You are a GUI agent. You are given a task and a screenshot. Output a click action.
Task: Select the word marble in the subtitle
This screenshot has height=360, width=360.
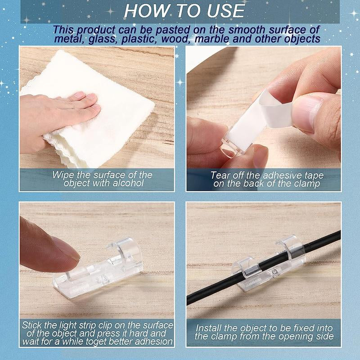click(211, 39)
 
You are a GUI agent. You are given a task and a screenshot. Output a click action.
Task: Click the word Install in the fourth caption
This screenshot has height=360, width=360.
click(208, 328)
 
